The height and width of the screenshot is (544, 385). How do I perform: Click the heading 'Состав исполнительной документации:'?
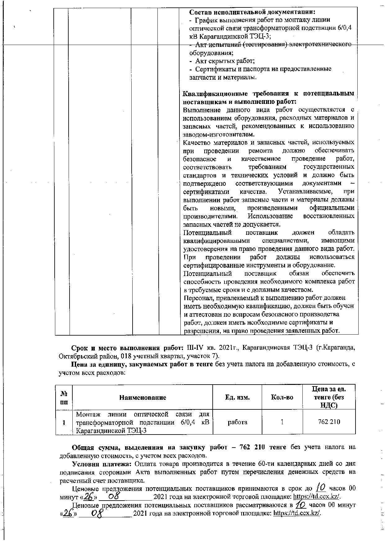click(252, 12)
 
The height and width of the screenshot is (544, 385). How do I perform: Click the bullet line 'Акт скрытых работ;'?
click(225, 61)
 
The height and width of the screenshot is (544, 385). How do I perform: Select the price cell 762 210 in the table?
click(329, 422)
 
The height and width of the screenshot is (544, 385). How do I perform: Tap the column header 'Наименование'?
click(143, 397)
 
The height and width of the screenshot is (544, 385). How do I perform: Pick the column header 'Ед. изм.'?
click(237, 397)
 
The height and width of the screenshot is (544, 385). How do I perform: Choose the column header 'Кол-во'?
click(282, 397)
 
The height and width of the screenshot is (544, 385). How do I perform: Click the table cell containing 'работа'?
click(237, 422)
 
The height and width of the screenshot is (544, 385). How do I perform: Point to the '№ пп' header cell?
click(64, 397)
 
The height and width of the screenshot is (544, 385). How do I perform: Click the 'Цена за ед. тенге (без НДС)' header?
click(329, 397)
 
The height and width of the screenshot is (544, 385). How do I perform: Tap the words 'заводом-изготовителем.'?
click(219, 134)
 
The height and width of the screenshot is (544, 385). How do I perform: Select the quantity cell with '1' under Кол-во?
click(282, 422)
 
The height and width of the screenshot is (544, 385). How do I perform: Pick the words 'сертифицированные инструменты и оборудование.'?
click(259, 265)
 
